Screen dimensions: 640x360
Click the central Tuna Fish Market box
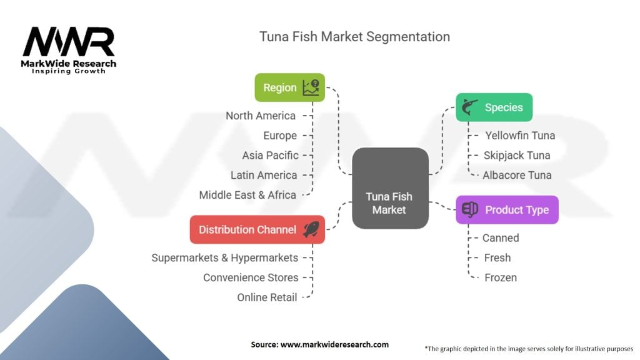tap(390, 188)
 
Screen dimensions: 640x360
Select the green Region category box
tap(290, 87)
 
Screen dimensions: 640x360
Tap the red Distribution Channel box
tap(257, 229)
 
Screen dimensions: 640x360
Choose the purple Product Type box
tap(507, 210)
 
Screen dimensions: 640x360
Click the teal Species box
tap(494, 107)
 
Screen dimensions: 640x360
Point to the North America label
tap(261, 116)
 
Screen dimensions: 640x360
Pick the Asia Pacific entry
tap(270, 156)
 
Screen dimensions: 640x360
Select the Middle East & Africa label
tap(247, 195)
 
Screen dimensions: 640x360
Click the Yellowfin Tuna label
tap(520, 136)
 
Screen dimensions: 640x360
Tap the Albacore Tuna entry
tap(517, 175)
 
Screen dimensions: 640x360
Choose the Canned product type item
tap(501, 238)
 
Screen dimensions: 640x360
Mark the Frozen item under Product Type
tap(501, 277)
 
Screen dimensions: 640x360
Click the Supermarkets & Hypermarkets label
tap(225, 258)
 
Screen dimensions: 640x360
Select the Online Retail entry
tap(267, 297)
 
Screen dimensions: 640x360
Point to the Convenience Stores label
tap(251, 277)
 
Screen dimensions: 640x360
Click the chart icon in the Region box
tap(311, 87)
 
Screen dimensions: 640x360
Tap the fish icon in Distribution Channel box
tap(311, 229)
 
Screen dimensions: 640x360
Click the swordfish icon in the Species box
tap(470, 107)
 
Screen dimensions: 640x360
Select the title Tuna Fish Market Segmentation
tap(355, 37)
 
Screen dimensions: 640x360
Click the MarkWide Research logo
tap(69, 50)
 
